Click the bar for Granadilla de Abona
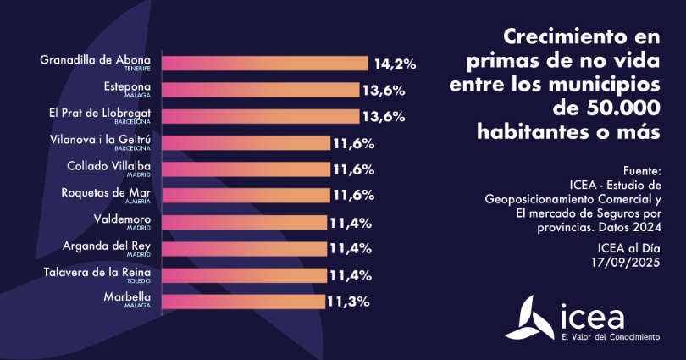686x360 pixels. (x=264, y=64)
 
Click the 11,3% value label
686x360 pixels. (x=349, y=301)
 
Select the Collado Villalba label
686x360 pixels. (x=108, y=166)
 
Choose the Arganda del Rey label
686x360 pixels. (x=108, y=245)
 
